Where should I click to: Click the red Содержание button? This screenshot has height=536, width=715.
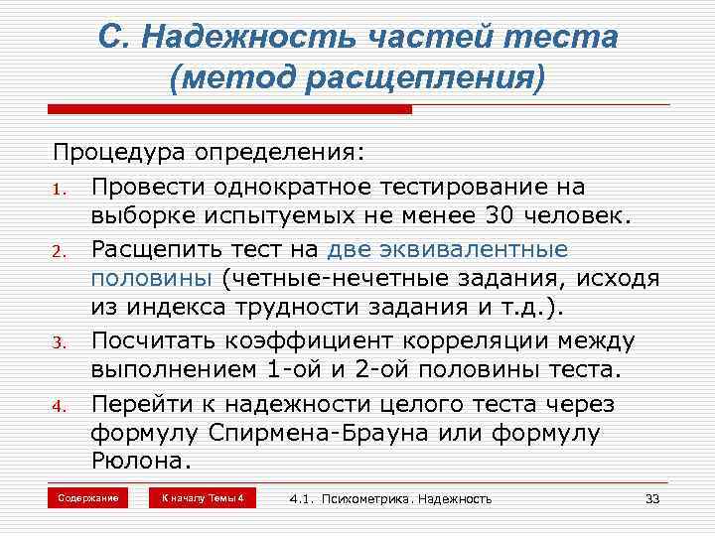tap(87, 497)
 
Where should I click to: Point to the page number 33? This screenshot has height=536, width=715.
tap(652, 498)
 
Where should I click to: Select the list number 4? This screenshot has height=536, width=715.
tap(59, 406)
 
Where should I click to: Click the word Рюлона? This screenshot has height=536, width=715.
tap(139, 464)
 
